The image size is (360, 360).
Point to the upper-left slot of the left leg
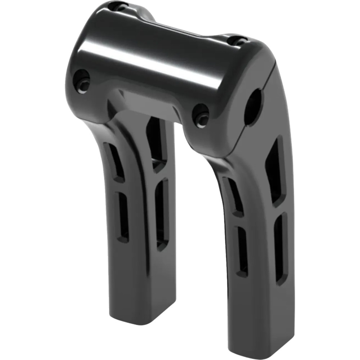point(115,162)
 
